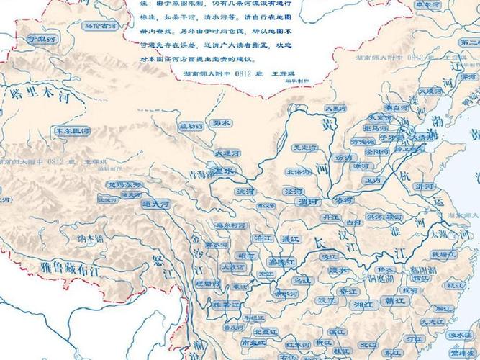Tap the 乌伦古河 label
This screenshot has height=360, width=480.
coord(100,26)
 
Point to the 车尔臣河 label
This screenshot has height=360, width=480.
coord(72,132)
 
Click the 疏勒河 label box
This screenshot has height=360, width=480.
coord(191,127)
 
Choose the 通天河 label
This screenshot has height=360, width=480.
coord(155,204)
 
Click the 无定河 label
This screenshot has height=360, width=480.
coord(304,148)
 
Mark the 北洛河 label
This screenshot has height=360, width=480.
coord(298,172)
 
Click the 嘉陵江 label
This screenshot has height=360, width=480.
coord(276,261)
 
